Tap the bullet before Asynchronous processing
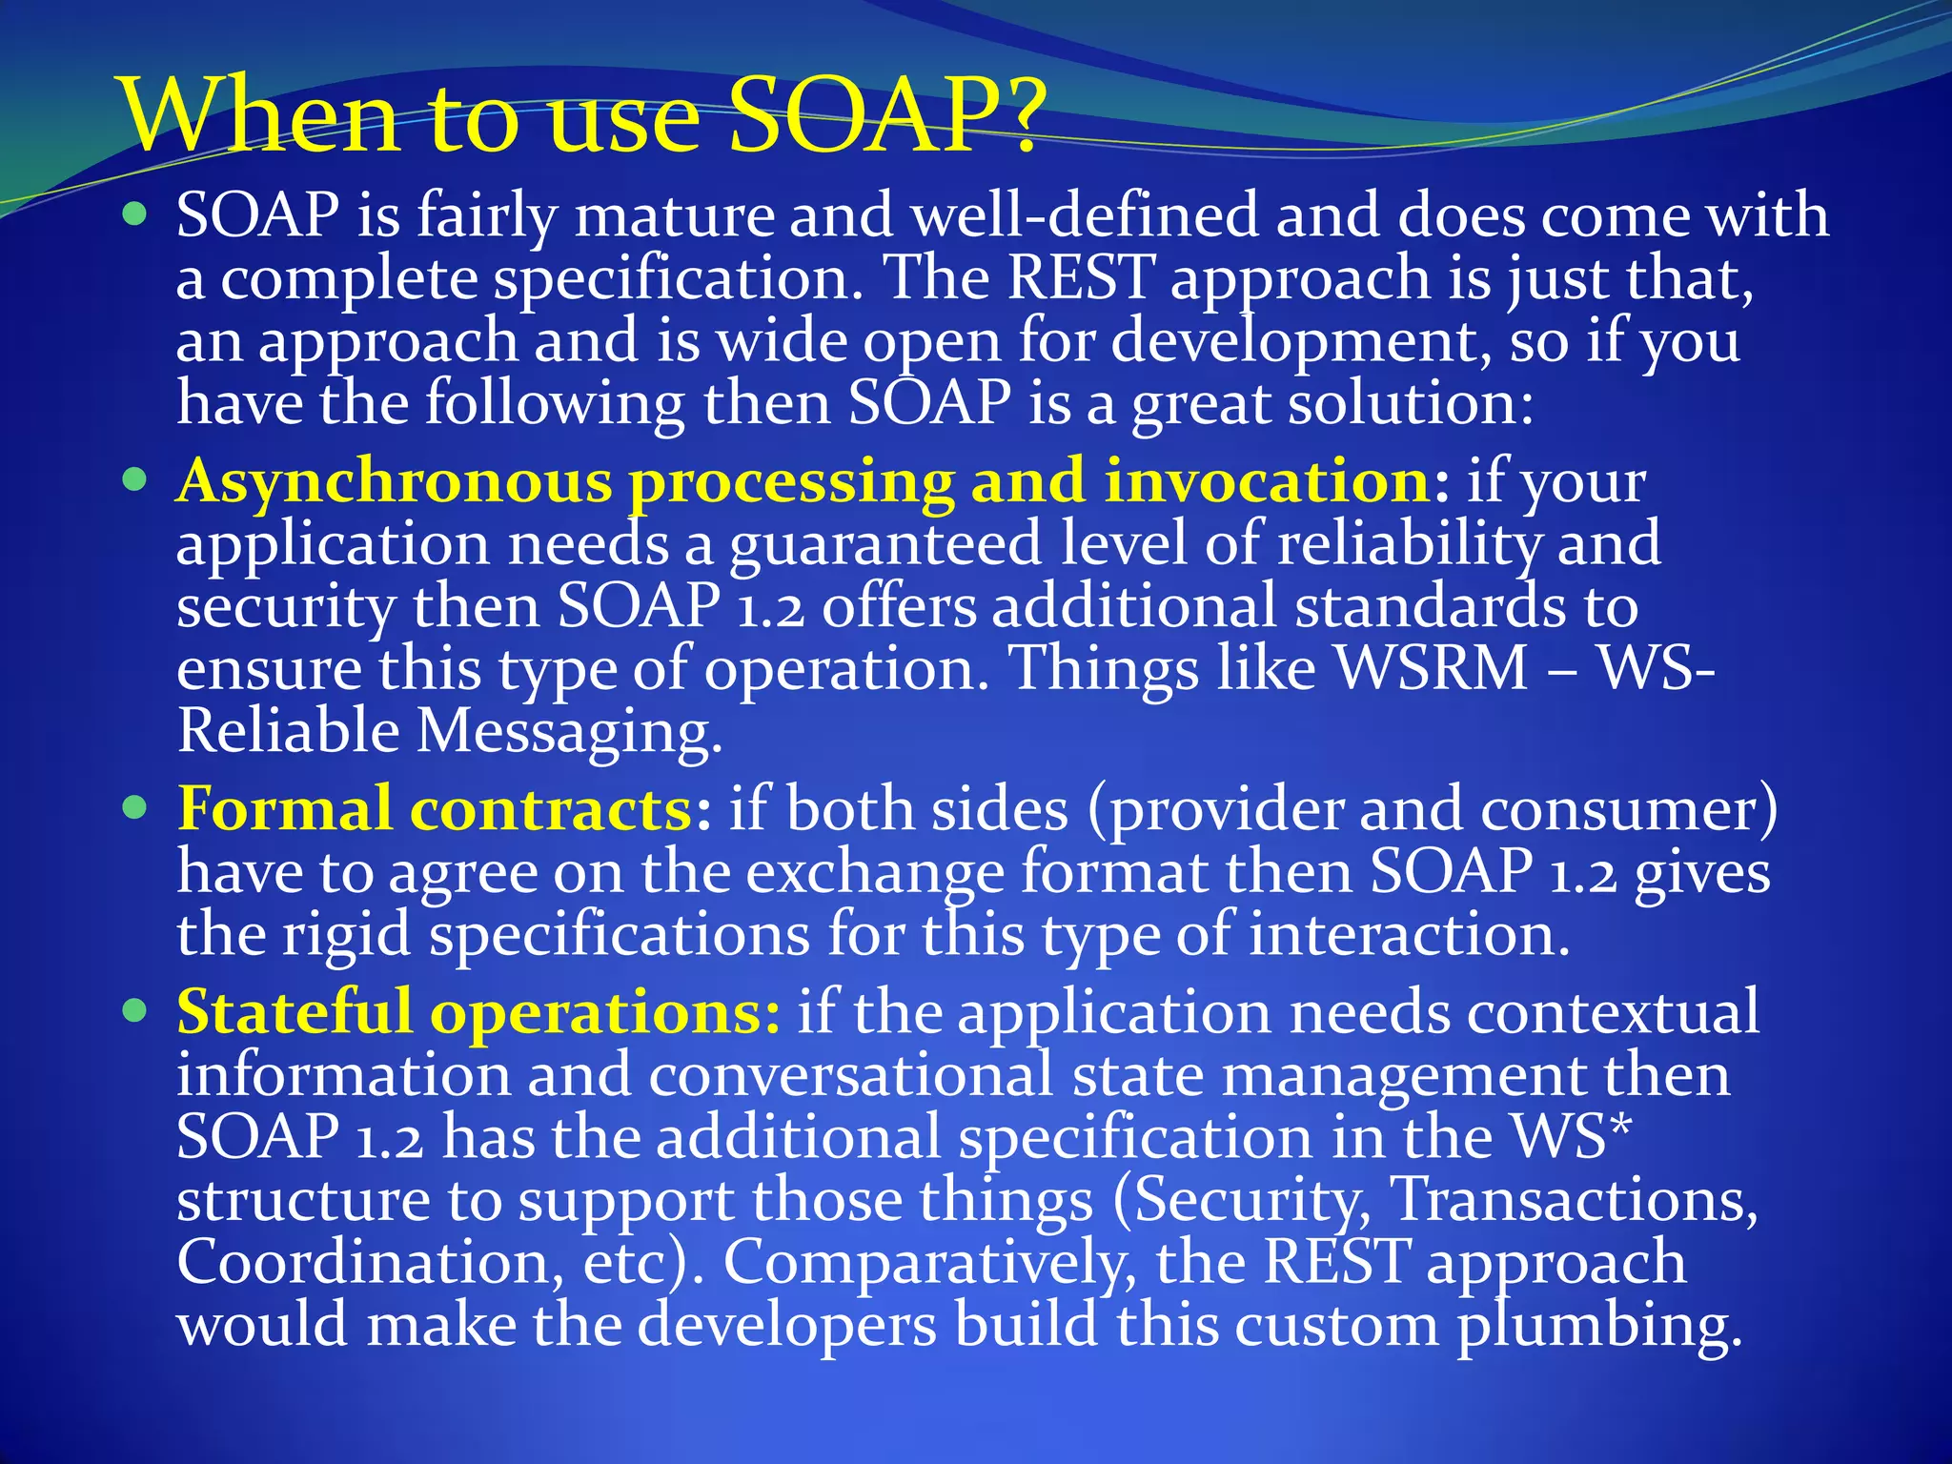pyautogui.click(x=136, y=479)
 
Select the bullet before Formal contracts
pyautogui.click(x=136, y=808)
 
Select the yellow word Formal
pyautogui.click(x=284, y=808)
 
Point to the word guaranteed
pyautogui.click(x=885, y=545)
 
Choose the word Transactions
pyautogui.click(x=1575, y=1198)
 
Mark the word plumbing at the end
pyautogui.click(x=1599, y=1328)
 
